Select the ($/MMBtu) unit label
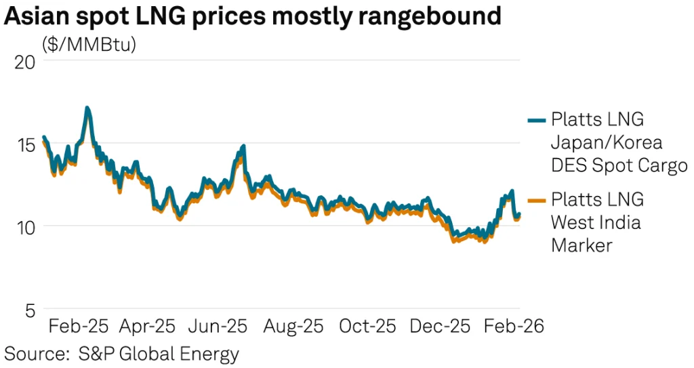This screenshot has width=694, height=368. [x=89, y=45]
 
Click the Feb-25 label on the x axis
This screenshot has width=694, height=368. [x=78, y=326]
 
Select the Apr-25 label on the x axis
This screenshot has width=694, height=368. [x=148, y=326]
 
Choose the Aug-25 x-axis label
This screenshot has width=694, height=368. [x=293, y=326]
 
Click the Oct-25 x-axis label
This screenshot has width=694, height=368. [x=367, y=326]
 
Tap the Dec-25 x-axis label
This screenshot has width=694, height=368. [x=440, y=326]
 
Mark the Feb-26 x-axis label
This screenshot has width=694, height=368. [x=512, y=326]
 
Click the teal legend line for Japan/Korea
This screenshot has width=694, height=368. [x=537, y=120]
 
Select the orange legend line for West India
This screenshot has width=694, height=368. [x=537, y=200]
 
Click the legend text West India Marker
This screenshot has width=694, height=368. [x=596, y=222]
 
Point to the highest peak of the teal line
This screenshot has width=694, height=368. [x=87, y=108]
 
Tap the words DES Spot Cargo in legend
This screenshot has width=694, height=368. [x=619, y=165]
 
